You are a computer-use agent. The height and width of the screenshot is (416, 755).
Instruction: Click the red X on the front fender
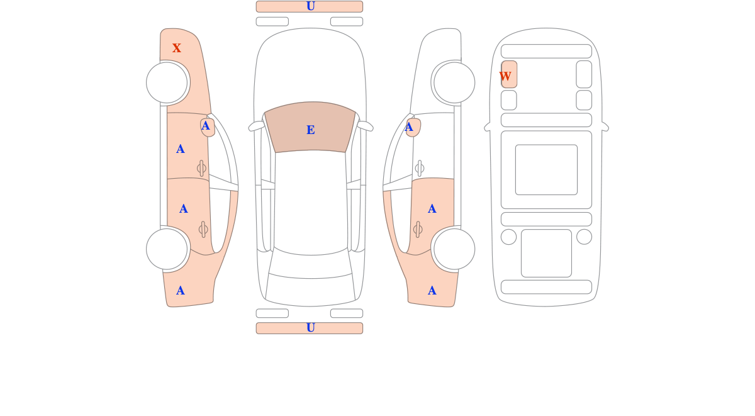coord(176,48)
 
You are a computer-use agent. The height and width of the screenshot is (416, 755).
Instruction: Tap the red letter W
coord(505,76)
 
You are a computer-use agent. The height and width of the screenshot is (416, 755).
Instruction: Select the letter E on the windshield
coord(310,130)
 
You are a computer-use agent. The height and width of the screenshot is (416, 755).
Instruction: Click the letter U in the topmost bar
coord(310,6)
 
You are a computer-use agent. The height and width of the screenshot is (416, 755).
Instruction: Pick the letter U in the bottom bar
coord(310,328)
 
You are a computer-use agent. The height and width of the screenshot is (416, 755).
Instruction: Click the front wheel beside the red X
coord(167,82)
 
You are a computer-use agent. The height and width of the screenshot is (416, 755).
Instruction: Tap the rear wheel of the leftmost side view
coord(167,249)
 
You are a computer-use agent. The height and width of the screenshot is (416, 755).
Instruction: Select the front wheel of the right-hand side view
coord(454,82)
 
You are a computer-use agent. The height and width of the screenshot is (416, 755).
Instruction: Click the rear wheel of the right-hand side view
coord(454,249)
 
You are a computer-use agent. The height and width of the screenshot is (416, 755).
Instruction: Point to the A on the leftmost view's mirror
coord(205,126)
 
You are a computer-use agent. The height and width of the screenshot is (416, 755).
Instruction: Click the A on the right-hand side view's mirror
coord(409,127)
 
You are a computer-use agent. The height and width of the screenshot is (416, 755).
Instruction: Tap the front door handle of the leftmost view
coord(201,168)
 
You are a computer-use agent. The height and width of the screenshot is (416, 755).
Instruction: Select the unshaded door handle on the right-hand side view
coord(420,168)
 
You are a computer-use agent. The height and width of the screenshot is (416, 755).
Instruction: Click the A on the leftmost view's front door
coord(181,149)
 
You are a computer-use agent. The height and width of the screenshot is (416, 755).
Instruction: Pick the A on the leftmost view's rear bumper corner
coord(181,291)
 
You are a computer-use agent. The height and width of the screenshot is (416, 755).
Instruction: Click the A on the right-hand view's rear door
coord(432,209)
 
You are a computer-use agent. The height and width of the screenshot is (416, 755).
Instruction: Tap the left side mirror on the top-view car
coord(257,126)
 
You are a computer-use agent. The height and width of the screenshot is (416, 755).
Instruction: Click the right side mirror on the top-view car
coord(365,126)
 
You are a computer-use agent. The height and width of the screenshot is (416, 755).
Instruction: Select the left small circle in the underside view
coord(508,237)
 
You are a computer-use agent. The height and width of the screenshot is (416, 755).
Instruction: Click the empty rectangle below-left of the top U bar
coord(272,21)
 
